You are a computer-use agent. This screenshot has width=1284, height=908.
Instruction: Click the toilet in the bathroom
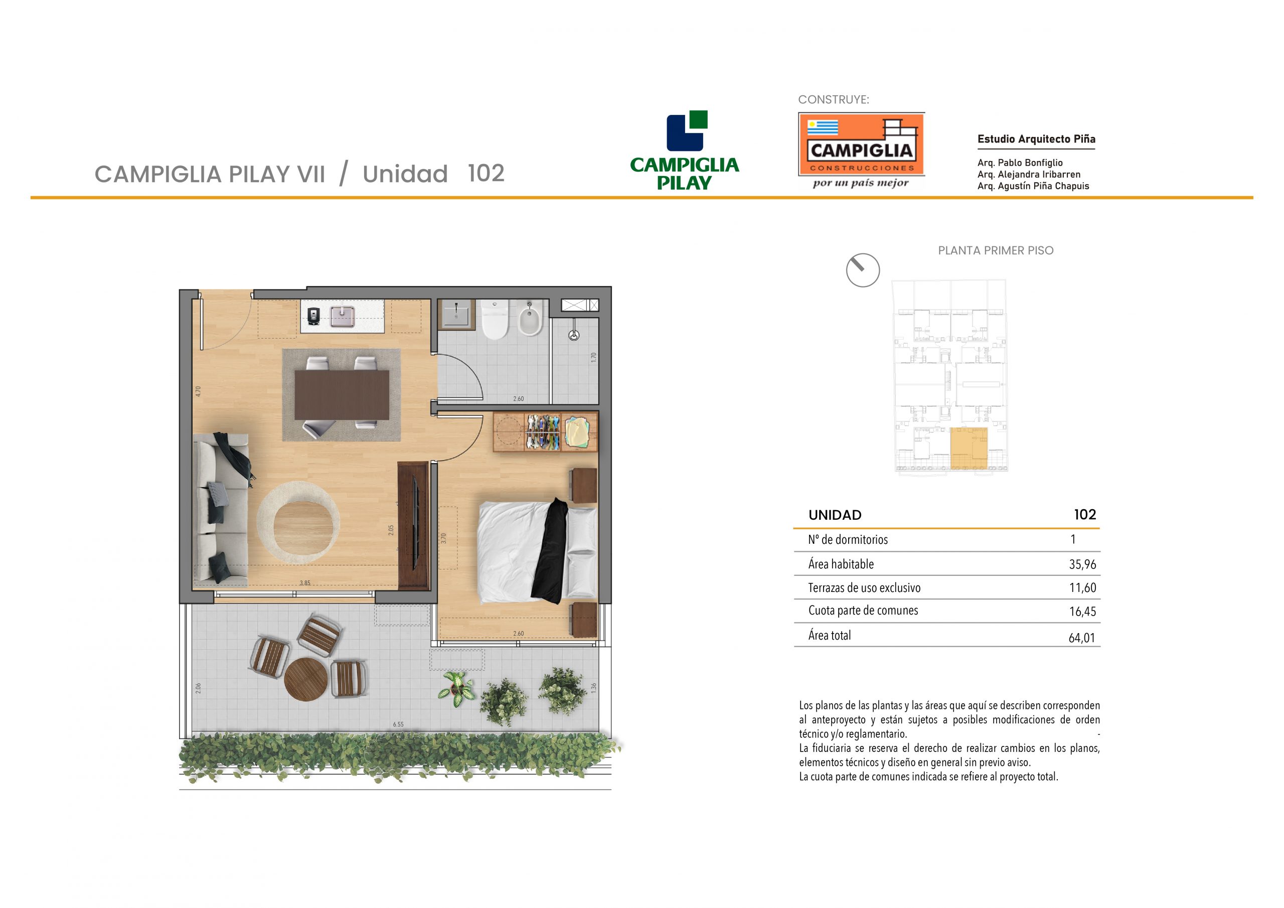[495, 320]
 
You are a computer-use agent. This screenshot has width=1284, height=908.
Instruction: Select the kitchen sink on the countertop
[342, 317]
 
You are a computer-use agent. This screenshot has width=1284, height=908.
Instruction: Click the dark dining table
[342, 394]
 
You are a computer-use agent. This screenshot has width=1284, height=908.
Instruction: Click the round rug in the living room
[298, 521]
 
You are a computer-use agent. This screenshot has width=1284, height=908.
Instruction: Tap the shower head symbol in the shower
[574, 335]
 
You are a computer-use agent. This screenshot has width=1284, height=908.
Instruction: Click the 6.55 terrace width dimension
[398, 724]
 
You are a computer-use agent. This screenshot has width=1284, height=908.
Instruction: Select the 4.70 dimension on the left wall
[198, 392]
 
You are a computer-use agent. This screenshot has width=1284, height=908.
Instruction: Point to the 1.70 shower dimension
[594, 357]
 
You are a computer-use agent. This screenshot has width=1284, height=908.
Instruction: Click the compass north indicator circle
[863, 270]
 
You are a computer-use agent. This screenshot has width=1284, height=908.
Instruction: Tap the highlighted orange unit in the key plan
[969, 448]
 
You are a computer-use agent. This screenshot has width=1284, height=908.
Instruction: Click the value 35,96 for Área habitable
[1083, 564]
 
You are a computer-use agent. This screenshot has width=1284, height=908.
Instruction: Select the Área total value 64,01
[1082, 638]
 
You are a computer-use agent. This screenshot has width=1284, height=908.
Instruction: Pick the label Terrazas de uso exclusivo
[864, 588]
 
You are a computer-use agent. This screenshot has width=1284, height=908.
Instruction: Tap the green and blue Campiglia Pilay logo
[685, 150]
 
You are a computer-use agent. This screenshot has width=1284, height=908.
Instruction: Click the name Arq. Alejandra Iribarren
[1029, 175]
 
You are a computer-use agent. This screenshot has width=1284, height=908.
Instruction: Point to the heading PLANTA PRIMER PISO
[996, 251]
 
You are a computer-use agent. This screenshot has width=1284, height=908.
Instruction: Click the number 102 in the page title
[486, 174]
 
